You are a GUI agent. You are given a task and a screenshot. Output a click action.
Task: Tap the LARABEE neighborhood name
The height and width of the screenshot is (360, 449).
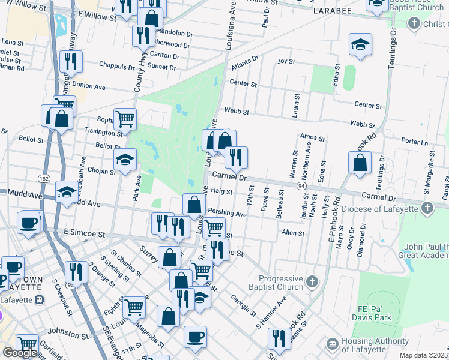[x=329, y=11]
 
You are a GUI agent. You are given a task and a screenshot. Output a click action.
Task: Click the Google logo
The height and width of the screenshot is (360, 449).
[x=19, y=352]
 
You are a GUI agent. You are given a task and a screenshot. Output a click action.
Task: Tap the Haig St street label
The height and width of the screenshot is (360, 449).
[x=221, y=191]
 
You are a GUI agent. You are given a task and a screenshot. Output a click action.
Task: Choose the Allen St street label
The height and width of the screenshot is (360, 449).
[x=293, y=232]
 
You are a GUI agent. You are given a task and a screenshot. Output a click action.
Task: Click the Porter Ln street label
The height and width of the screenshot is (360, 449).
[x=415, y=142]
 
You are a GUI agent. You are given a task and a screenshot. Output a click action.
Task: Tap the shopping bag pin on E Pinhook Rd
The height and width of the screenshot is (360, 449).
[x=359, y=163]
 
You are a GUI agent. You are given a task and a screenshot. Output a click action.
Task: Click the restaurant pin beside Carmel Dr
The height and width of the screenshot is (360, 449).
[x=236, y=157]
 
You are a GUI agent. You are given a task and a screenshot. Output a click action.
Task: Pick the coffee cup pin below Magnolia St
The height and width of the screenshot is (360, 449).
[x=194, y=337]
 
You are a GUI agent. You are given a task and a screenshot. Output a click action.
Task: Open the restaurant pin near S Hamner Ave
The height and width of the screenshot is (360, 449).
[x=279, y=339]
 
